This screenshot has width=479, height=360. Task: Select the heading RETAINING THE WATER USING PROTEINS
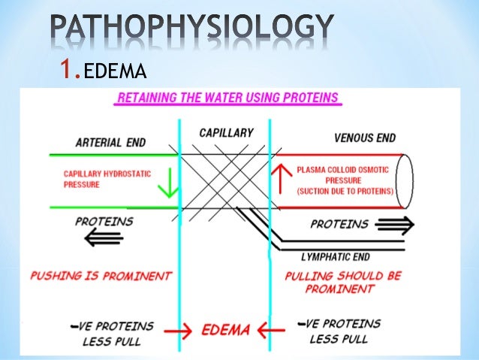coord(225,99)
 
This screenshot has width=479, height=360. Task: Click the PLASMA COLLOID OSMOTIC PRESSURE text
coord(345,180)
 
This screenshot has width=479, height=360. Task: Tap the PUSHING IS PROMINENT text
coord(101,276)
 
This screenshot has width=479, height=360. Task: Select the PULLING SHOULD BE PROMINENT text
coord(345,281)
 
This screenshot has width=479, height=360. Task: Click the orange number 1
coord(69,70)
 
